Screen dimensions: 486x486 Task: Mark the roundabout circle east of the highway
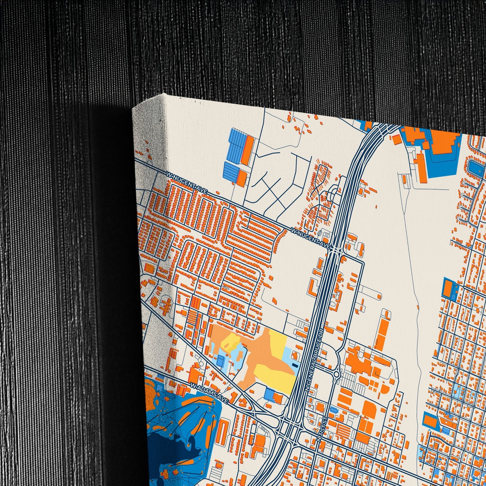[x=336, y=374]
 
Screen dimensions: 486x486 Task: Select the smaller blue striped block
[x=231, y=171]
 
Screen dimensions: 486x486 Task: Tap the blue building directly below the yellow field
[x=269, y=394]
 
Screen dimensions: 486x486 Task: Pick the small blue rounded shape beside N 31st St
[x=333, y=410]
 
